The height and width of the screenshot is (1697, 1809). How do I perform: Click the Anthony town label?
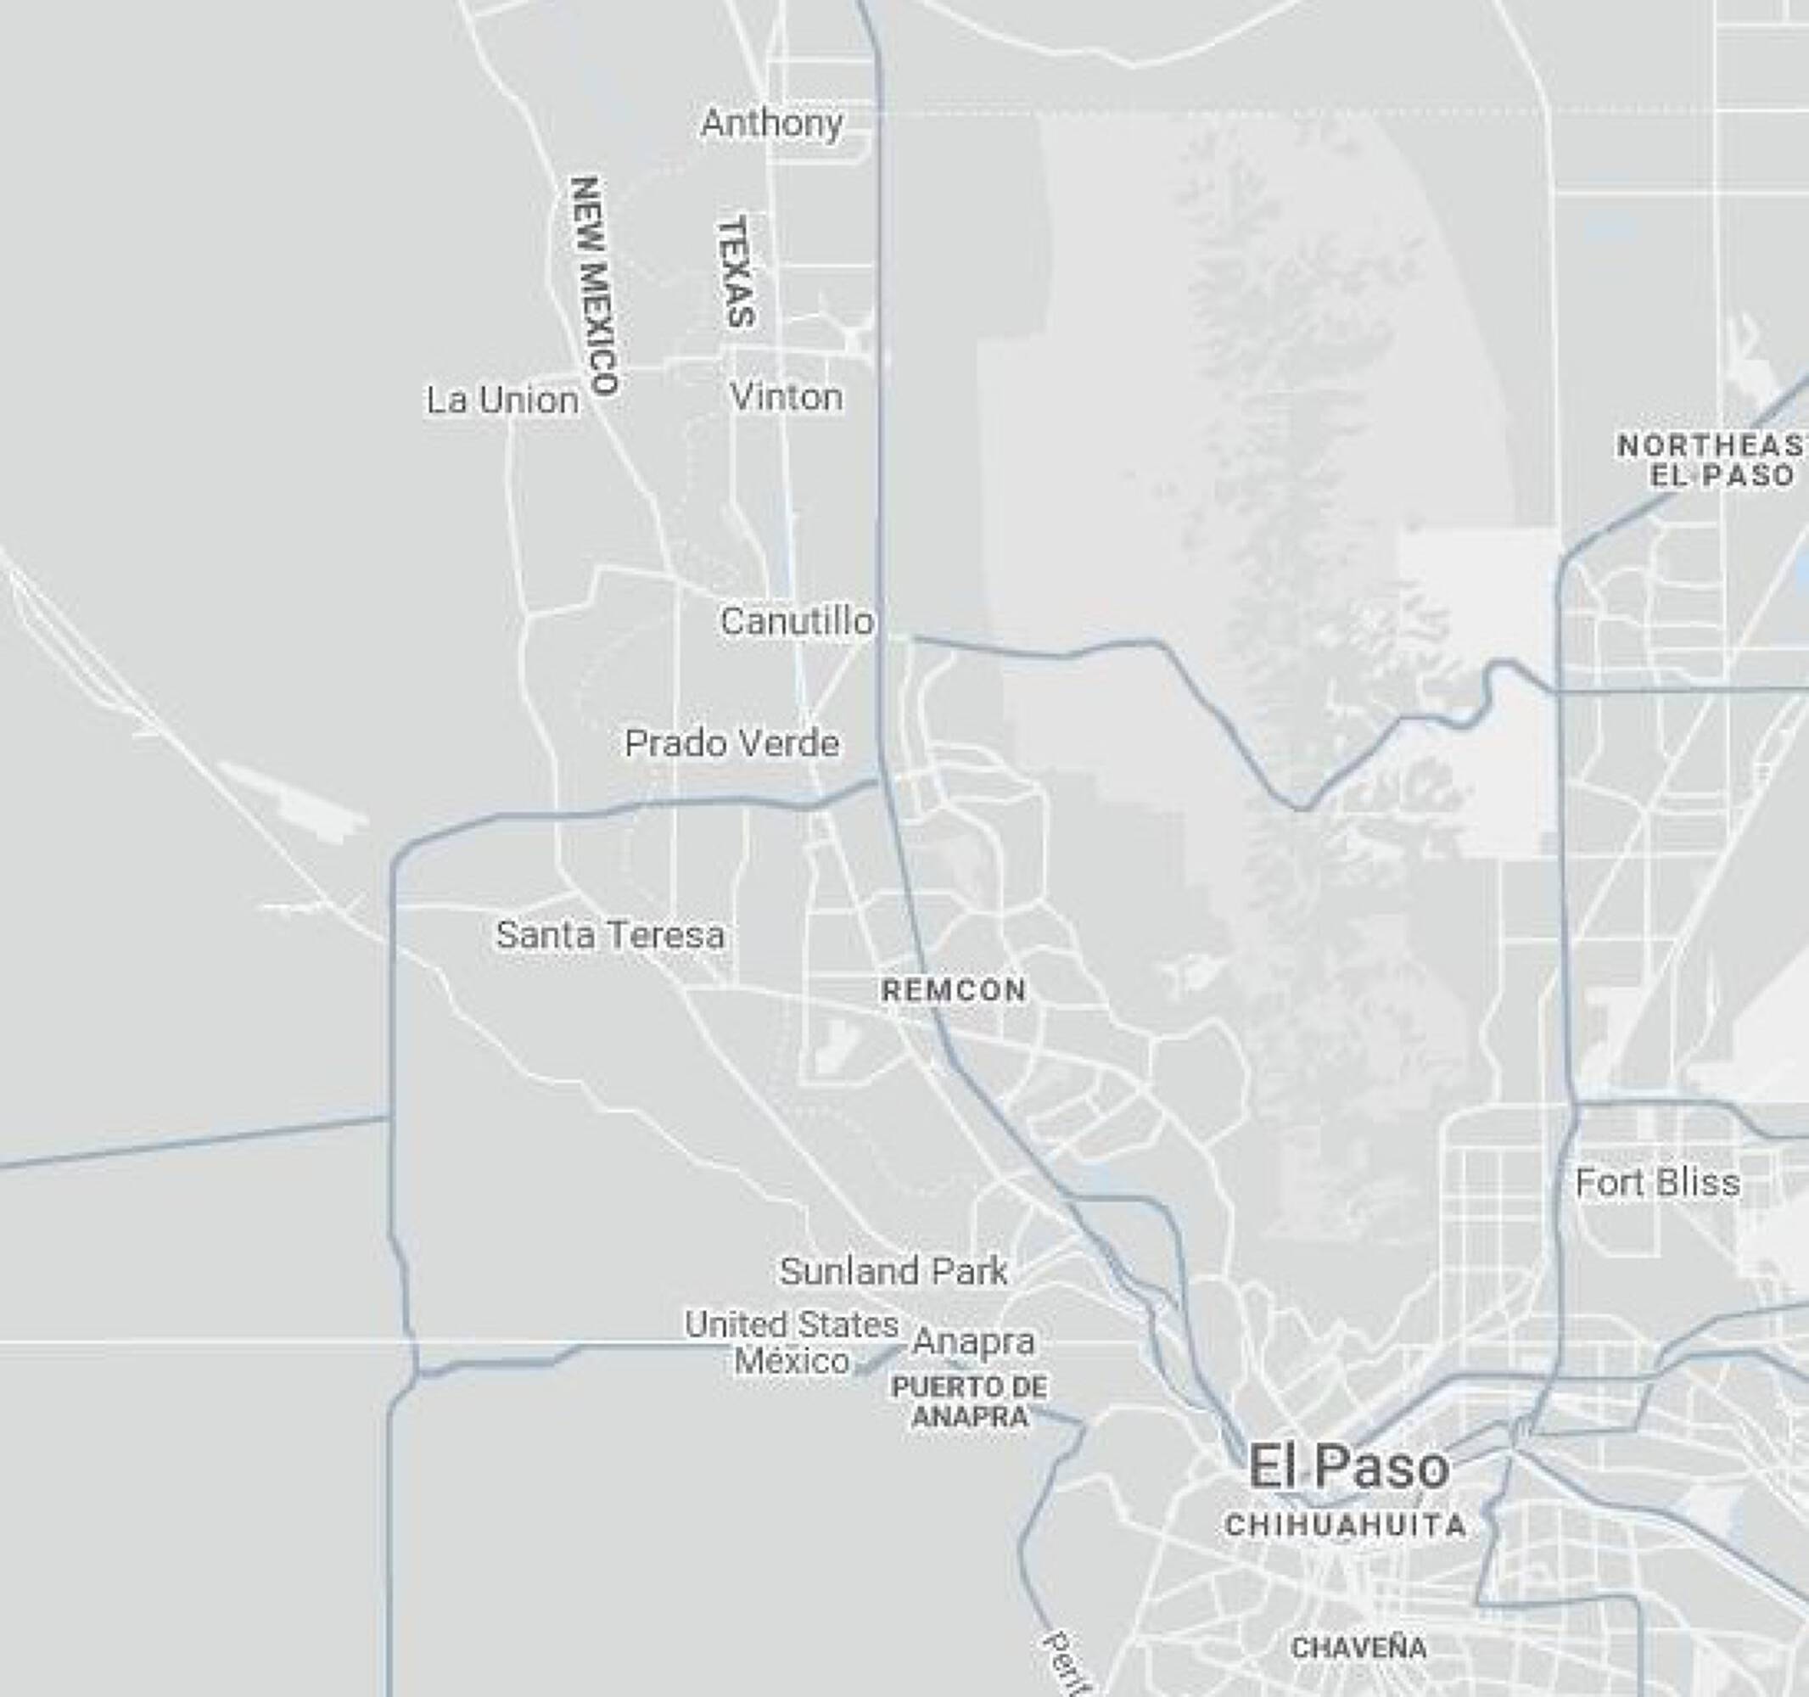tap(771, 123)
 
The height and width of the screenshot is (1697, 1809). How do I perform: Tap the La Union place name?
tap(502, 400)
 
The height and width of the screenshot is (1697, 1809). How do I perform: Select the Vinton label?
tap(787, 397)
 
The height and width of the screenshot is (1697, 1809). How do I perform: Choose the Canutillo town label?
tap(796, 621)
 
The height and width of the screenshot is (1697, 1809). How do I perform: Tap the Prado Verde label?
tap(731, 743)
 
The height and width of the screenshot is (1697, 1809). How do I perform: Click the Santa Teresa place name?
tap(610, 934)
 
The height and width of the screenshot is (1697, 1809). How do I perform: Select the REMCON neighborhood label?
tap(954, 990)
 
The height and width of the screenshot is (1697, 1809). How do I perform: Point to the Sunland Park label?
tap(893, 1271)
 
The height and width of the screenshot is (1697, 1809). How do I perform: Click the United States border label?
tap(792, 1325)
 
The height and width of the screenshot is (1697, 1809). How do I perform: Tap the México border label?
tap(792, 1361)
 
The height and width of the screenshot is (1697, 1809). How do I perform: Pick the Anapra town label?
tap(974, 1341)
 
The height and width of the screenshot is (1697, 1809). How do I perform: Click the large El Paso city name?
tap(1348, 1467)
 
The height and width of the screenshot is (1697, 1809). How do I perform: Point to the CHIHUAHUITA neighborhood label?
tap(1346, 1526)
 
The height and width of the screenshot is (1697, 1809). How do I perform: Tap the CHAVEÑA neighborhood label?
tap(1359, 1647)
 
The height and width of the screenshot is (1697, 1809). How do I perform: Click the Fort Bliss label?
tap(1657, 1183)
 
